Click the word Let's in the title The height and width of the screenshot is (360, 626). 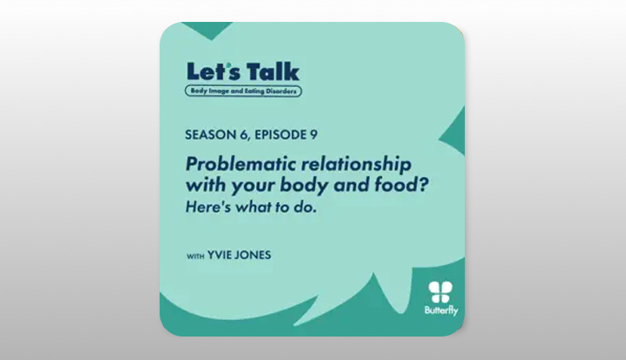tap(214, 71)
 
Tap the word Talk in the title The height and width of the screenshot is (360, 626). tap(272, 71)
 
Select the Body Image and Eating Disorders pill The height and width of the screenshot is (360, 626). tap(243, 91)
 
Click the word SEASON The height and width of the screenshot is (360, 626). tap(210, 135)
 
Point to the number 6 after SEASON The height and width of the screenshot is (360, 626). tap(244, 135)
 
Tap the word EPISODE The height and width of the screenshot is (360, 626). tap(280, 135)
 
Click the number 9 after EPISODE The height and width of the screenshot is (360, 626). tap(314, 135)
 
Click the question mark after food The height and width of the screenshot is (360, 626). tap(423, 185)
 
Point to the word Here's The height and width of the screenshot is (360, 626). tap(208, 207)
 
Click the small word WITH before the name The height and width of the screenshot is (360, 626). tap(195, 256)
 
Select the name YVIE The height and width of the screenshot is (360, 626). tap(221, 255)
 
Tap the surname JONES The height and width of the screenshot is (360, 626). tap(255, 255)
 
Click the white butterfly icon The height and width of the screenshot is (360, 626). tap(441, 292)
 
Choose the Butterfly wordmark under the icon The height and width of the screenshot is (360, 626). tap(441, 311)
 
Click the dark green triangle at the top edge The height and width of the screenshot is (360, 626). tap(210, 30)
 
